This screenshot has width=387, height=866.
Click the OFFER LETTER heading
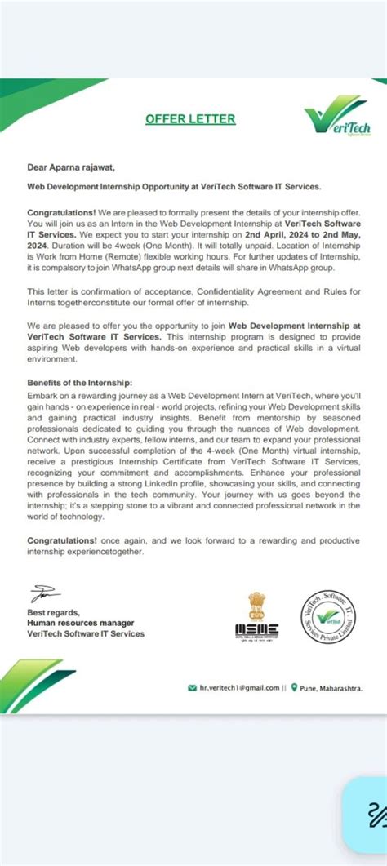click(190, 119)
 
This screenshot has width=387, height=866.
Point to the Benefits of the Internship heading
click(79, 383)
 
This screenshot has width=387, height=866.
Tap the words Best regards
click(53, 612)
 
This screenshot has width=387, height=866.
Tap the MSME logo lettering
click(256, 630)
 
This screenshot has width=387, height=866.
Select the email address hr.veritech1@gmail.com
click(239, 687)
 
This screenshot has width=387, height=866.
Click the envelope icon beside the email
click(192, 687)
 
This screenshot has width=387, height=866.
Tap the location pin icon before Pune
click(294, 687)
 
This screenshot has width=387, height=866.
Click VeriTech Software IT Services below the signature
click(86, 633)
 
